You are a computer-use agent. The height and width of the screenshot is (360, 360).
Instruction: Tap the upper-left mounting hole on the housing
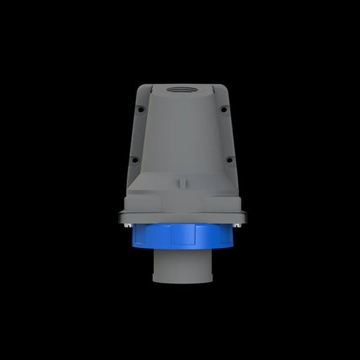(x=140, y=109)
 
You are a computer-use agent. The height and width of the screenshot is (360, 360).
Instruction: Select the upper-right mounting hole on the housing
(x=224, y=109)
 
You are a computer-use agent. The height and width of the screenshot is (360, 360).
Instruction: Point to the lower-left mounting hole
(x=134, y=160)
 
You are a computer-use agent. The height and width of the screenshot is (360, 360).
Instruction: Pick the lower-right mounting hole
(x=230, y=160)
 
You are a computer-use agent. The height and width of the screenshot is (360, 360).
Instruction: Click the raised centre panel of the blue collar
(x=182, y=234)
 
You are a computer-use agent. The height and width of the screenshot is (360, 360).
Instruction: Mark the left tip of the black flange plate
(x=120, y=217)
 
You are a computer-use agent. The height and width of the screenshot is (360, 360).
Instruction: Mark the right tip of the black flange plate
(x=245, y=217)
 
